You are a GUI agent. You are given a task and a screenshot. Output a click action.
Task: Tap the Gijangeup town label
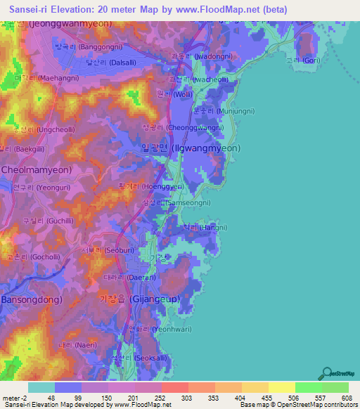pyautogui.click(x=139, y=299)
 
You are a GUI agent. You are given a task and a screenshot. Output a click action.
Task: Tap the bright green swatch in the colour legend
pyautogui.click(x=307, y=387)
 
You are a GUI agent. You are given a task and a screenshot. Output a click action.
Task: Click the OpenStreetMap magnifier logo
pyautogui.click(x=325, y=372)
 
